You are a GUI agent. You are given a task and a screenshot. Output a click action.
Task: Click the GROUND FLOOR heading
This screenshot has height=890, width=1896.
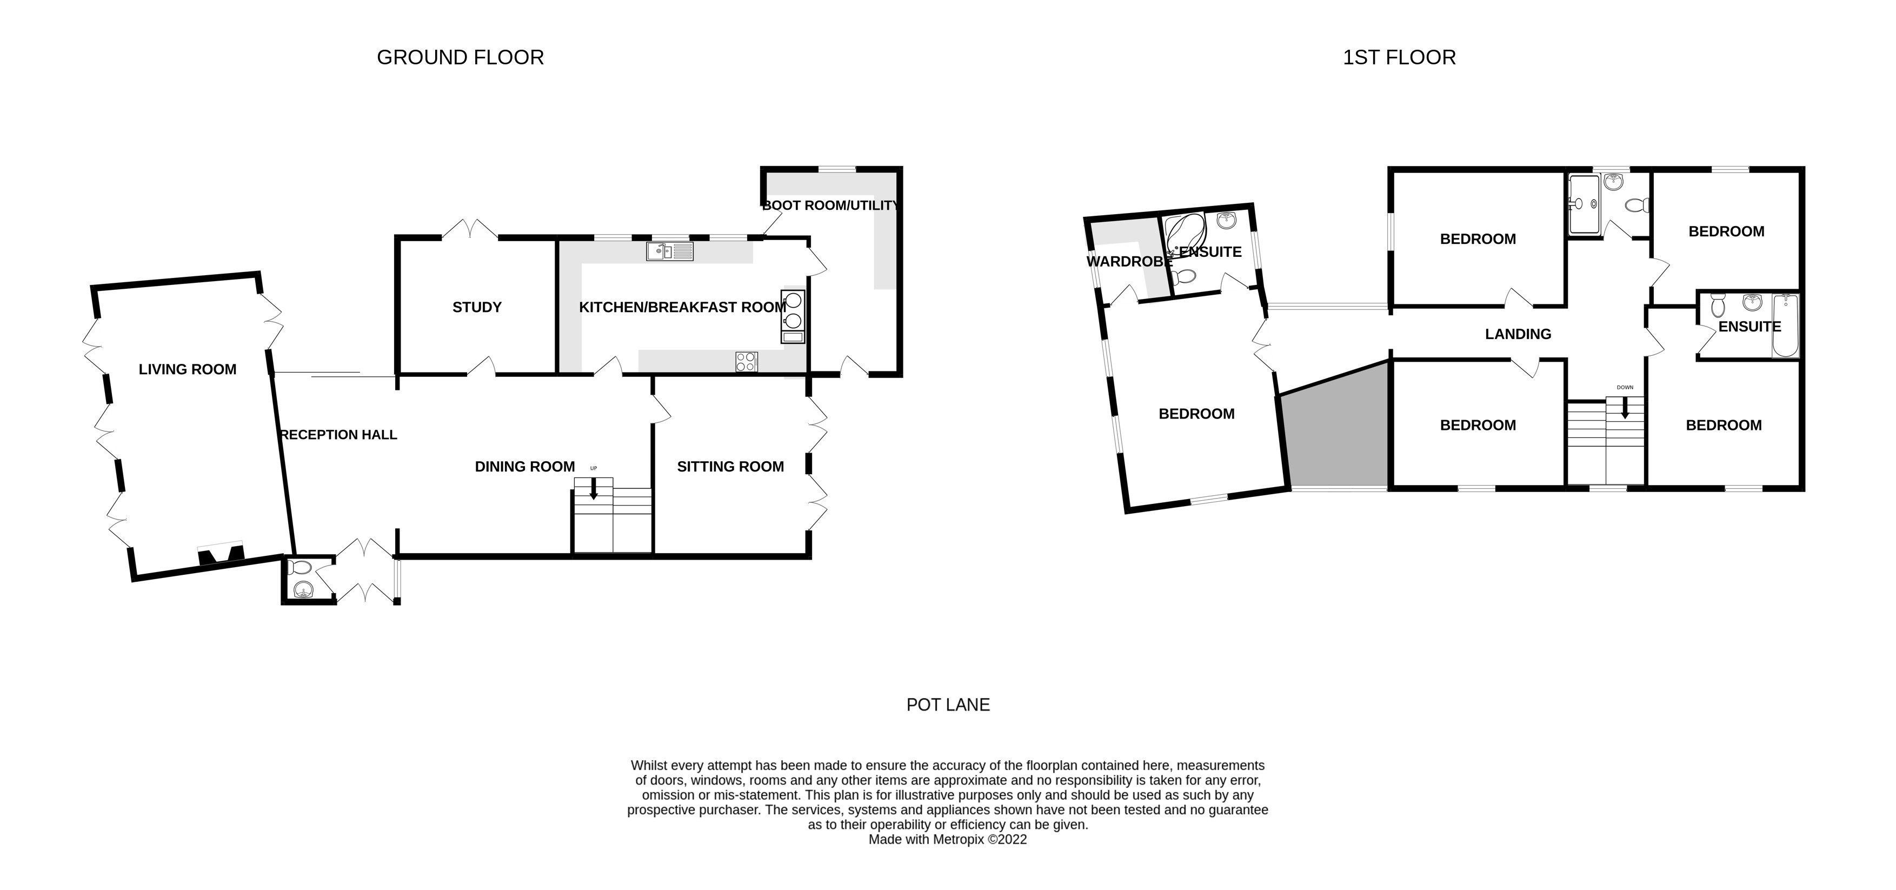coord(460,57)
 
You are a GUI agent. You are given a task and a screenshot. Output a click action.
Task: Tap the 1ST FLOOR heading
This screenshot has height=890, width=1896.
coord(1399,57)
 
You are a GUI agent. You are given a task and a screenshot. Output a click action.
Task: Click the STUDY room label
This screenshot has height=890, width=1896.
coord(476,307)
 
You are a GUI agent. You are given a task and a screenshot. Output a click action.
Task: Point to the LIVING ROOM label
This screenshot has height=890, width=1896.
coord(187,369)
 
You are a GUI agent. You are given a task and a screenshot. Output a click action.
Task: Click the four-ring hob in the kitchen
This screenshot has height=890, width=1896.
coord(746,361)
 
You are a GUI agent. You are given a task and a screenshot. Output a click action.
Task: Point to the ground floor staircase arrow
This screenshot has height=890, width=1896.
coord(593,489)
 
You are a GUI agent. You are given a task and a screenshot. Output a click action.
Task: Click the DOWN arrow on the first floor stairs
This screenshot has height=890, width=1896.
coord(1625,407)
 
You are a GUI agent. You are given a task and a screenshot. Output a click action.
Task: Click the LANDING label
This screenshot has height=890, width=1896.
coord(1518,334)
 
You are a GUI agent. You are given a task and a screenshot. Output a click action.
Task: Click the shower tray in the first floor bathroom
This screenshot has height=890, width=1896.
coord(1584,204)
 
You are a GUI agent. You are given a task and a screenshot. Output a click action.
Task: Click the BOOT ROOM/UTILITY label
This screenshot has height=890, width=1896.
coord(830,205)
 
